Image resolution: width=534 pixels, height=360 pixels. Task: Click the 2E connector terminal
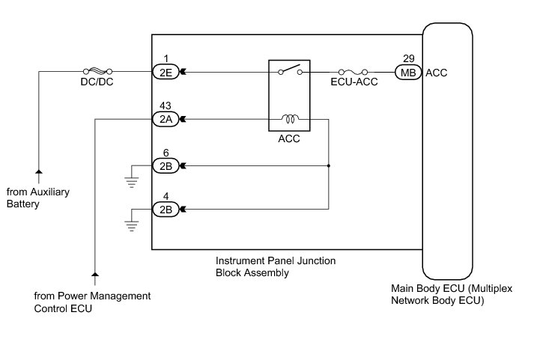[x=164, y=73]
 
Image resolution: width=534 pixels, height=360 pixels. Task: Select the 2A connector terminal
[x=164, y=118]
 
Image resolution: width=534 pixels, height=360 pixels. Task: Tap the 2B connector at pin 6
[x=164, y=165]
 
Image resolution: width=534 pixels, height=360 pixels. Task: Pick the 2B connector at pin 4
[x=164, y=210]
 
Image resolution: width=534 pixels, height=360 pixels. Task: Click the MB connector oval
[x=408, y=73]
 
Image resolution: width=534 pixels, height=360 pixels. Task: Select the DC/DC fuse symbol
[x=96, y=72]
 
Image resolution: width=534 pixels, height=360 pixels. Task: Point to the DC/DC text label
[x=95, y=84]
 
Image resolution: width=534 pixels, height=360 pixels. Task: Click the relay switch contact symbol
[x=289, y=71]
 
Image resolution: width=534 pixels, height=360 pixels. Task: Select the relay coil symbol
[x=289, y=118]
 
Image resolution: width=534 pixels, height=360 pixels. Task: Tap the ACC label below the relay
[x=289, y=139]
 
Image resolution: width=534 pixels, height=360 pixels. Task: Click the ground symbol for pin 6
[x=132, y=180]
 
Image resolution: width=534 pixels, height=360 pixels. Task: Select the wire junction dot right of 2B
[x=329, y=165]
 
